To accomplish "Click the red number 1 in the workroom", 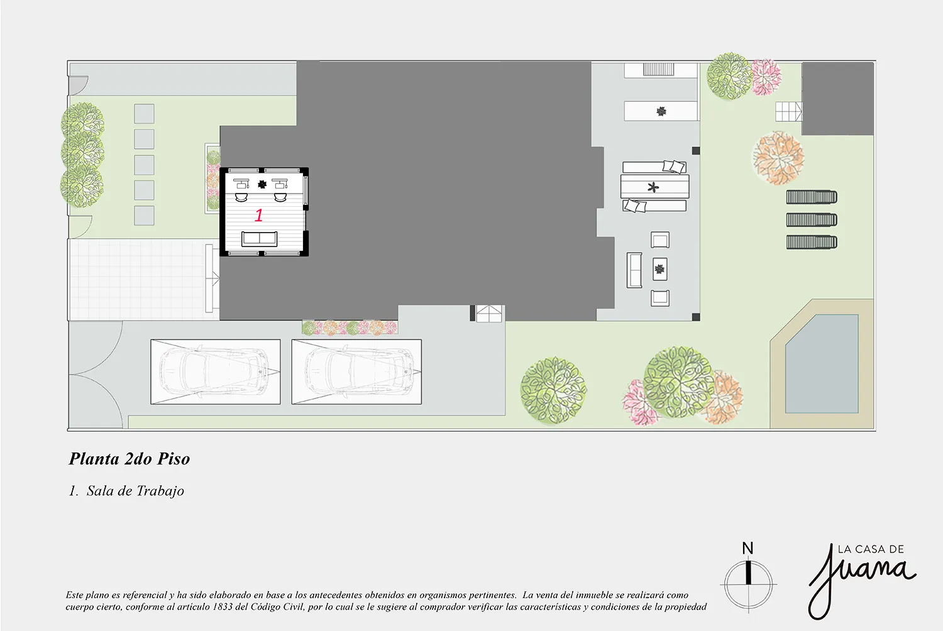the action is click(x=258, y=215).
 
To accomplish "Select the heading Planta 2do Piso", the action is click(x=130, y=459).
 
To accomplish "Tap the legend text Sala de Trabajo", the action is click(x=135, y=491).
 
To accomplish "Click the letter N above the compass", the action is click(x=747, y=549).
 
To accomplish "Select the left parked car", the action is click(x=216, y=372).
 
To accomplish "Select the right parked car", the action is click(x=356, y=372).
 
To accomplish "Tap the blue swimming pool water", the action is click(x=822, y=364).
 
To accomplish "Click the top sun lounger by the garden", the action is click(x=812, y=197).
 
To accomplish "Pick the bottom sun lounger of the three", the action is click(x=812, y=242).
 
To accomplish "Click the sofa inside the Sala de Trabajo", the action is click(x=259, y=239).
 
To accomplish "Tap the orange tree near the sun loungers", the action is click(x=778, y=158).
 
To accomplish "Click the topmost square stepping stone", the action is click(x=144, y=114).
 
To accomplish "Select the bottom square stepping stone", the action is click(x=144, y=216).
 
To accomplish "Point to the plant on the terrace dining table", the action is click(x=653, y=187).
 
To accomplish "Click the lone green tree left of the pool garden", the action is click(x=553, y=391).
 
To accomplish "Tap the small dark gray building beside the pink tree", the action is click(x=838, y=99).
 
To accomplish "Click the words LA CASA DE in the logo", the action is click(x=871, y=549).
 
